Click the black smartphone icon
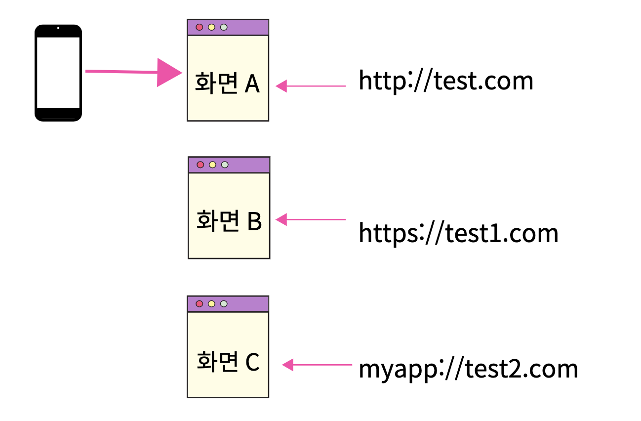coord(58,73)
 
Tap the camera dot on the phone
coord(58,28)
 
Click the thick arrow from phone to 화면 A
coord(133,72)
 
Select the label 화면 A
coord(228,84)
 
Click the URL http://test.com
coord(446,81)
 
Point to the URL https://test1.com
coord(458,233)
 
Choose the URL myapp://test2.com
coord(468,369)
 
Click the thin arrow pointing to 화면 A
coord(311,86)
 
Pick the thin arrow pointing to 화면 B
coord(311,219)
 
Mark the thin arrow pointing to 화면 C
coord(317,365)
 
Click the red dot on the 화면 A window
coord(200,27)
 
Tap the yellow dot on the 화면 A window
coord(211,27)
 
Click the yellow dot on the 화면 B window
coord(212,165)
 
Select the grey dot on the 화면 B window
coord(225,165)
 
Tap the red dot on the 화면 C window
coord(200,304)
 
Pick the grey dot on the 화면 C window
coord(224,304)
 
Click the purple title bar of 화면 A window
coord(247,27)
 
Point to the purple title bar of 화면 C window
coord(247,304)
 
